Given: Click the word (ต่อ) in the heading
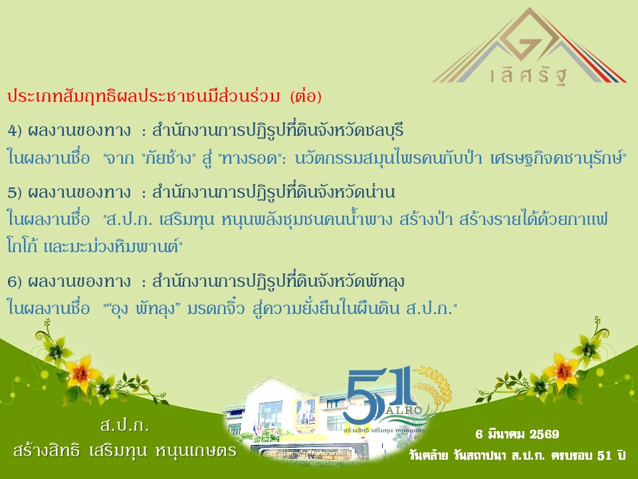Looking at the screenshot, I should tap(306, 97).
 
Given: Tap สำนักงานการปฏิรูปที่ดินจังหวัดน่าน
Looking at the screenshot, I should tap(274, 193).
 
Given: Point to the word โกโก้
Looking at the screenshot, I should tap(24, 246).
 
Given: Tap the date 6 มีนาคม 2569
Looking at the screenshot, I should tap(518, 434).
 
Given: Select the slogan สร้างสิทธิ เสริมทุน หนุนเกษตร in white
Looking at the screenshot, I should tap(124, 451).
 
